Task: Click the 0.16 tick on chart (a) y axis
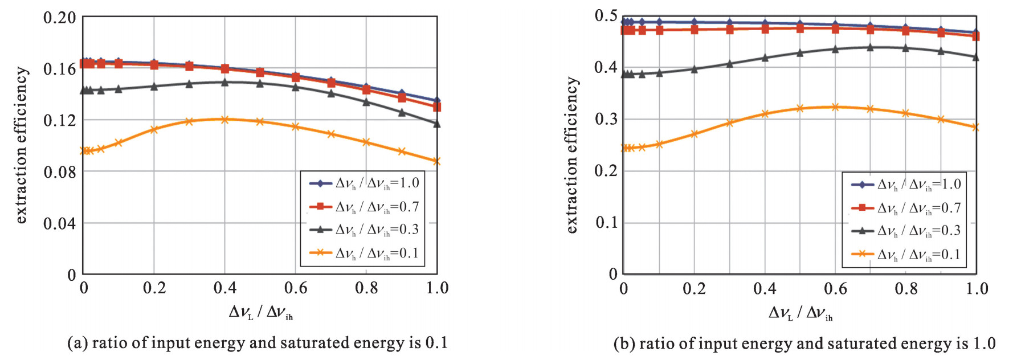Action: tap(59, 69)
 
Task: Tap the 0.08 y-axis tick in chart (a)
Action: tap(59, 171)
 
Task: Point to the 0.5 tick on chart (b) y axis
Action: tap(606, 16)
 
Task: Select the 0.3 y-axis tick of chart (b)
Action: tap(606, 119)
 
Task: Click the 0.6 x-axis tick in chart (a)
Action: tap(296, 288)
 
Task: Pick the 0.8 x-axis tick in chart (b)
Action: tap(906, 288)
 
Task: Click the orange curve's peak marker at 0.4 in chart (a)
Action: tap(224, 120)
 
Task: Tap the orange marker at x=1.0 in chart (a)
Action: tap(437, 161)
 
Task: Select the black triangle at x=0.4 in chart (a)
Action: tap(224, 82)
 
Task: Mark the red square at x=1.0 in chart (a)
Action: tap(437, 107)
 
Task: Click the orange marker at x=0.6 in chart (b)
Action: tap(835, 107)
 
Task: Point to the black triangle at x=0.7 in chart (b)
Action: tap(870, 47)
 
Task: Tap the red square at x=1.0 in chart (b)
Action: tap(976, 36)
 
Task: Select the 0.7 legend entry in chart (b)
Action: tap(905, 208)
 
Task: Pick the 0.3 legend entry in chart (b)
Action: tap(905, 231)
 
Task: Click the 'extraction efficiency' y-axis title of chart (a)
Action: tap(21, 145)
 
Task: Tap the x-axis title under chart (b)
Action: tap(800, 313)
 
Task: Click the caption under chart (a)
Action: tap(258, 343)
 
